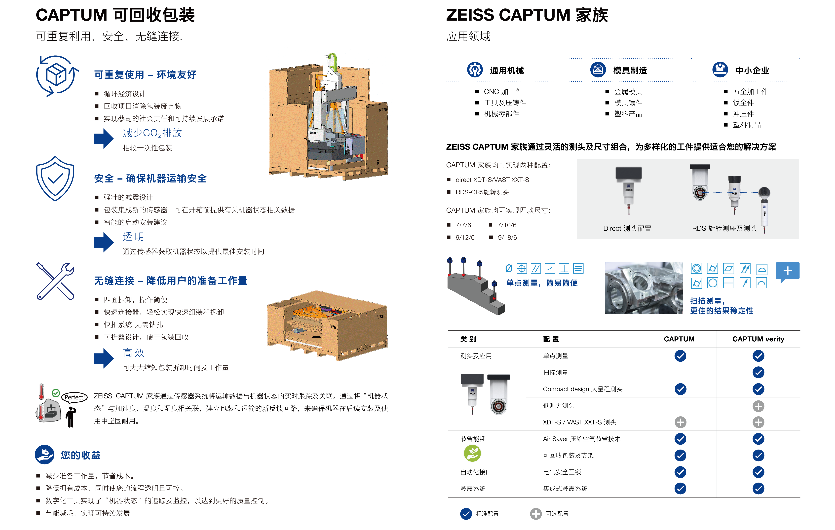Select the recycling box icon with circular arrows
(57, 76)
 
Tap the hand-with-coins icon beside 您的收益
(44, 454)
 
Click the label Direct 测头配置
(627, 228)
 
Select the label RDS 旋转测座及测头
(724, 228)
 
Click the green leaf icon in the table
(472, 453)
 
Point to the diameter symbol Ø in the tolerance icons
(509, 269)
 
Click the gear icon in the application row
(475, 70)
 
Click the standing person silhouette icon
(71, 417)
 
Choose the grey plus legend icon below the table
(536, 514)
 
